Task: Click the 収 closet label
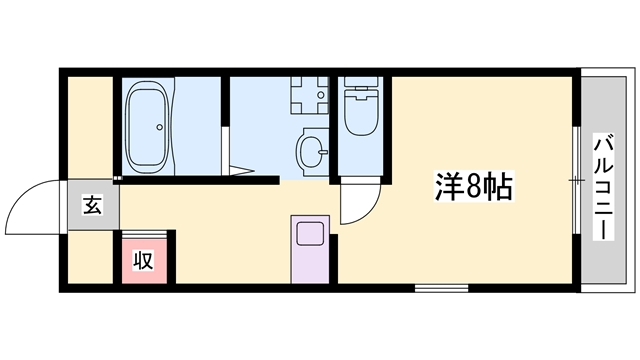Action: tap(144, 261)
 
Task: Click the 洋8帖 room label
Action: tap(474, 186)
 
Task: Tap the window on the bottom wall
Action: tap(442, 288)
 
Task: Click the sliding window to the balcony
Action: tap(577, 180)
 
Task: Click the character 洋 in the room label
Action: tap(448, 186)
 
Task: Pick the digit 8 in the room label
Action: tap(475, 186)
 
